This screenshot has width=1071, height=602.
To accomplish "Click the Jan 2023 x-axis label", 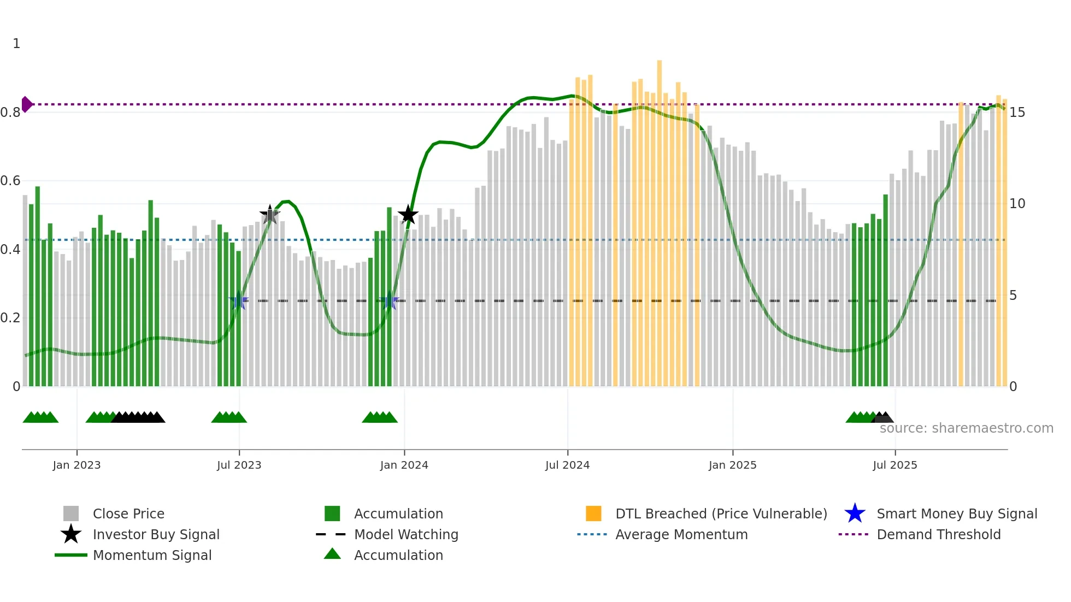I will click(x=76, y=465).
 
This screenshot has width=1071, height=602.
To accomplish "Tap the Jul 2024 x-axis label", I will click(x=567, y=465).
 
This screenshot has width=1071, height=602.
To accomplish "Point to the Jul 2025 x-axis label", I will click(x=895, y=465).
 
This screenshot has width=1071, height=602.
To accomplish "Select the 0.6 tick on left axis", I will click(x=10, y=181).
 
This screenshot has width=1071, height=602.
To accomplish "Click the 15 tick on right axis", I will click(x=1017, y=113).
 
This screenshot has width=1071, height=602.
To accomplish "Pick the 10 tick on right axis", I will click(x=1017, y=204).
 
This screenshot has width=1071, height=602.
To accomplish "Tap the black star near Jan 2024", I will click(x=408, y=215).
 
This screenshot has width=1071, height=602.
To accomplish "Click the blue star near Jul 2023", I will click(x=238, y=301).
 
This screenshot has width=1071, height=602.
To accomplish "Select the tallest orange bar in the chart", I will click(x=659, y=219).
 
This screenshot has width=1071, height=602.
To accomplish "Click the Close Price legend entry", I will click(x=128, y=514).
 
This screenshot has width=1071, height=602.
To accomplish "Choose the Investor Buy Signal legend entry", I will click(x=156, y=534).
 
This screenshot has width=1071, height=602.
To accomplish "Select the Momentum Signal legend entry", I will click(x=152, y=555).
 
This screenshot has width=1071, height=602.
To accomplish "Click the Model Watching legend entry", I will click(x=405, y=534).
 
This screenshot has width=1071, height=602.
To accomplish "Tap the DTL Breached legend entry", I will click(x=721, y=514).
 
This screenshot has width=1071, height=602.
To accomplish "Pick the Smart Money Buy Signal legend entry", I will click(x=956, y=514).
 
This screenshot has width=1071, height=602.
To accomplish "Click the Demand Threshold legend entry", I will click(x=938, y=534).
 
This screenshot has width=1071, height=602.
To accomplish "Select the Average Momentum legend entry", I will click(x=681, y=534).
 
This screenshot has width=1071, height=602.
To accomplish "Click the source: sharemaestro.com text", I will click(x=966, y=428).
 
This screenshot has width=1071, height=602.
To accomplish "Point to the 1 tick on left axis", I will click(x=16, y=44).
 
